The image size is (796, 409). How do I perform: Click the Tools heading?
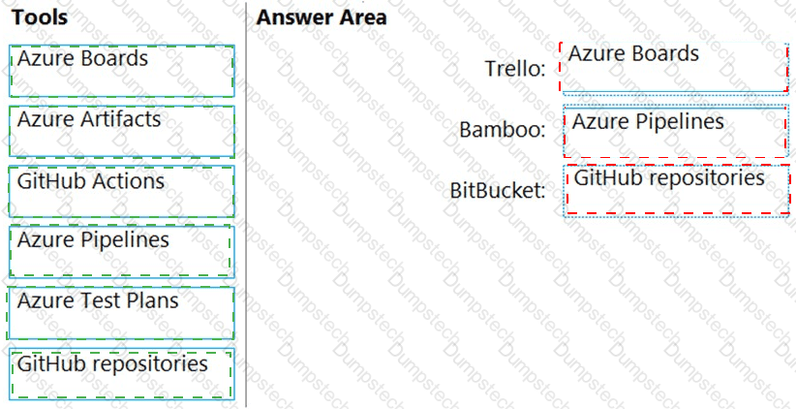(x=40, y=17)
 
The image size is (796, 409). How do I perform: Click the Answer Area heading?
(x=321, y=17)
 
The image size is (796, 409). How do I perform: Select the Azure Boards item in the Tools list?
(x=121, y=70)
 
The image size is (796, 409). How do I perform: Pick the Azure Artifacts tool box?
(x=121, y=131)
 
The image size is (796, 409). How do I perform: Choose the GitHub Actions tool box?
(x=121, y=191)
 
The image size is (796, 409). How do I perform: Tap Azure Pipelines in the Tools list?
(x=121, y=251)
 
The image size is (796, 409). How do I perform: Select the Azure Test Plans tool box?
(x=121, y=312)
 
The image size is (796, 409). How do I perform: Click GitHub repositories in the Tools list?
(x=121, y=374)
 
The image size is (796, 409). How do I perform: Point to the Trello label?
(x=515, y=69)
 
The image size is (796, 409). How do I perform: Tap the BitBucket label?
(x=498, y=190)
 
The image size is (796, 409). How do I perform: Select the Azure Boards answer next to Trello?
(x=674, y=65)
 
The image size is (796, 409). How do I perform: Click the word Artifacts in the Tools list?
(x=123, y=119)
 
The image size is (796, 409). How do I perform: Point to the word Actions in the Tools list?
(x=131, y=180)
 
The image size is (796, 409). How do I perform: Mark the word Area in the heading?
(x=363, y=17)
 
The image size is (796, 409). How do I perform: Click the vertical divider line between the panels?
(x=246, y=204)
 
